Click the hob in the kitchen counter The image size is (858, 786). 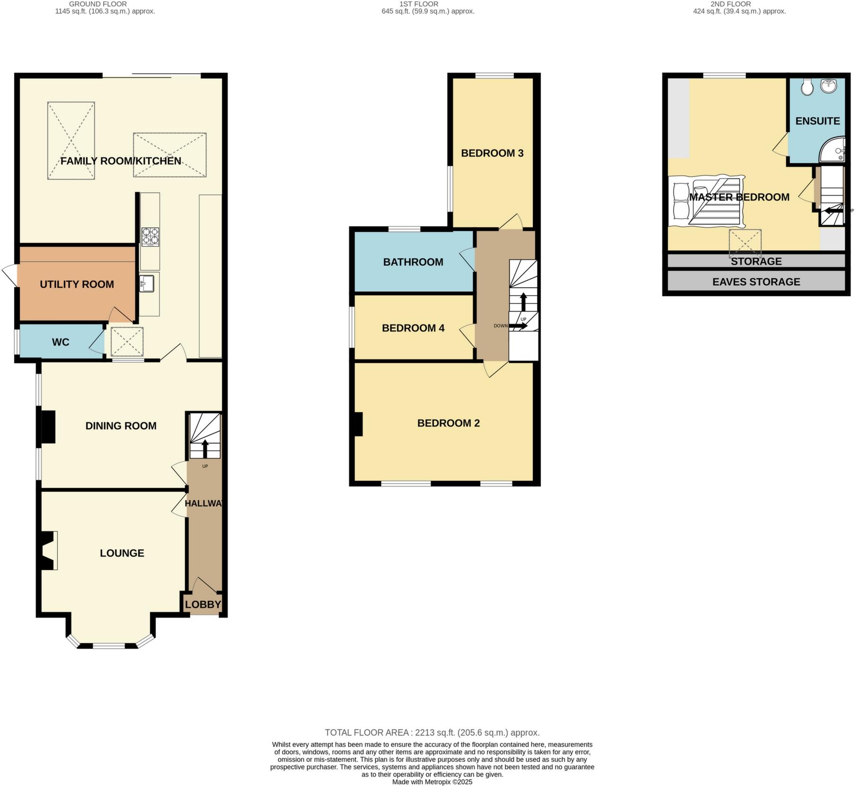(150, 237)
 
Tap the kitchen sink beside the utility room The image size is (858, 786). (146, 284)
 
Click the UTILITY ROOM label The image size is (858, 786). (77, 284)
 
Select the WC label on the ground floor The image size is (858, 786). (61, 342)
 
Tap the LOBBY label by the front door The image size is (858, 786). (203, 604)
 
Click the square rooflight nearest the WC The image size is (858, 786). (127, 342)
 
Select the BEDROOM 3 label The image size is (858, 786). (492, 153)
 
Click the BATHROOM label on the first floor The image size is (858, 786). (413, 262)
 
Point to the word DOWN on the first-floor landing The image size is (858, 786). (500, 326)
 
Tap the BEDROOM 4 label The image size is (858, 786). (413, 328)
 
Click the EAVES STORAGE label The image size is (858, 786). (756, 282)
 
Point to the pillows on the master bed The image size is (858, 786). (681, 202)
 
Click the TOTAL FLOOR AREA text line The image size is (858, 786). (432, 733)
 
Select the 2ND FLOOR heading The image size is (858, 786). (730, 4)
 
